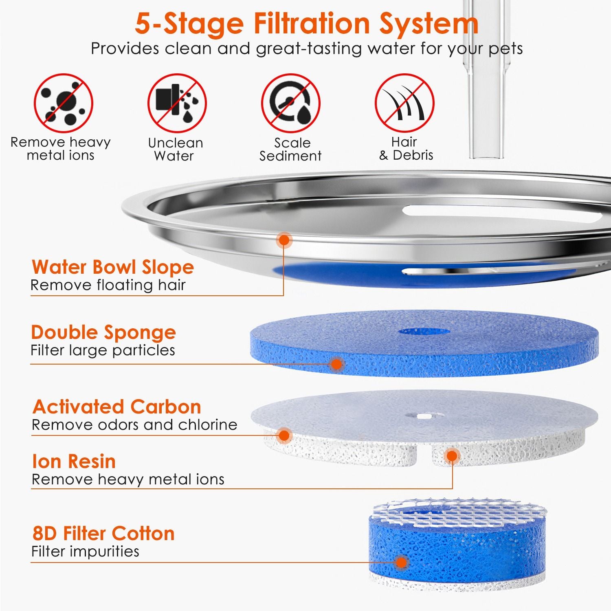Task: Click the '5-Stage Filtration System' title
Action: pyautogui.click(x=307, y=24)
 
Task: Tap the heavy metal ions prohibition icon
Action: pyautogui.click(x=63, y=103)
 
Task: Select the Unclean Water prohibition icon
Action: pyautogui.click(x=177, y=103)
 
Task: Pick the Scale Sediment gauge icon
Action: pyautogui.click(x=290, y=103)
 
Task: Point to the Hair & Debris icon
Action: pyautogui.click(x=404, y=103)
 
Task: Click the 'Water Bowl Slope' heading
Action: pyautogui.click(x=113, y=267)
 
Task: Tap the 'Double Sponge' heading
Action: pyautogui.click(x=103, y=333)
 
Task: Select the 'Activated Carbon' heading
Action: pyautogui.click(x=117, y=407)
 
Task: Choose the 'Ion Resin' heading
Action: pyautogui.click(x=74, y=462)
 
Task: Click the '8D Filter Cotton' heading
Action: pyautogui.click(x=103, y=533)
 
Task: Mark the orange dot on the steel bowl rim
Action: pyautogui.click(x=284, y=240)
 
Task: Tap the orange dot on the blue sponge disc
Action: pyautogui.click(x=336, y=364)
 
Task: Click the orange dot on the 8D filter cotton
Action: pyautogui.click(x=402, y=563)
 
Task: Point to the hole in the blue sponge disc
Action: pyautogui.click(x=424, y=331)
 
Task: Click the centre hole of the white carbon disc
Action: pyautogui.click(x=424, y=416)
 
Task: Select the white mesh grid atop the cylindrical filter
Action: pyautogui.click(x=458, y=511)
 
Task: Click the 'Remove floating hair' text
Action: pyautogui.click(x=108, y=285)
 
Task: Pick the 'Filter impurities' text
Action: pyautogui.click(x=85, y=552)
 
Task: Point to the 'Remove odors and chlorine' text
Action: pyautogui.click(x=134, y=425)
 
